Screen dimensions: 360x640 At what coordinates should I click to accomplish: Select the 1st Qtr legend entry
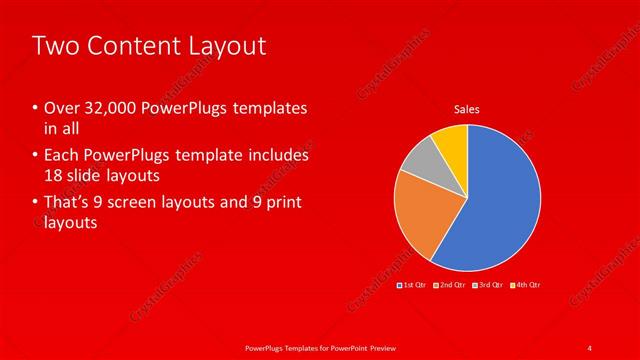413,286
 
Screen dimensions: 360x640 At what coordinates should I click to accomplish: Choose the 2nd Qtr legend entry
451,286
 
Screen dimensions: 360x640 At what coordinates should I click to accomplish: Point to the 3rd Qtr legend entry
489,286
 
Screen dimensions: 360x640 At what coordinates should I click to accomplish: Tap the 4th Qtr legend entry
527,286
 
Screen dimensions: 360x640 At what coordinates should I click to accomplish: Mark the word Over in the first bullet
61,108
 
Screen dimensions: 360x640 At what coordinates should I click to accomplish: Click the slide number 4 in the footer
590,346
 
